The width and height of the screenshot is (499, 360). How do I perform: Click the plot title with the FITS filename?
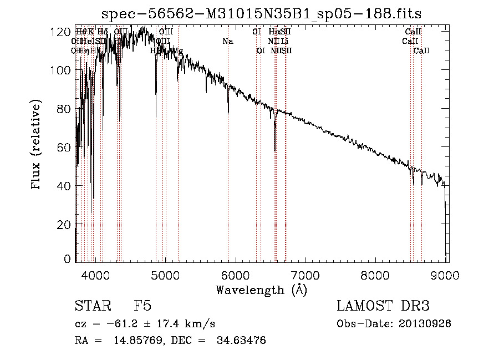pyautogui.click(x=265, y=13)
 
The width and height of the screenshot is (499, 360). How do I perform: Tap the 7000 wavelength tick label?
pyautogui.click(x=306, y=275)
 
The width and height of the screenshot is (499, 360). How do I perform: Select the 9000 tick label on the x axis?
pyautogui.click(x=446, y=275)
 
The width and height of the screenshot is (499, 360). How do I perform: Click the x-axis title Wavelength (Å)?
pyautogui.click(x=261, y=290)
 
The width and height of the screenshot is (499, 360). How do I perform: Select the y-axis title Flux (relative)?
pyautogui.click(x=37, y=145)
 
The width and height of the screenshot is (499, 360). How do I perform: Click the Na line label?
pyautogui.click(x=228, y=41)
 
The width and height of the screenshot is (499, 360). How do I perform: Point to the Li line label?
pyautogui.click(x=284, y=41)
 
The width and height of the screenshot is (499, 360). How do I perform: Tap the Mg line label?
pyautogui.click(x=178, y=51)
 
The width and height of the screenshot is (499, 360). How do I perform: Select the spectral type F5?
pyautogui.click(x=142, y=306)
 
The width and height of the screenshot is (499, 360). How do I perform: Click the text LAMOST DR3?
pyautogui.click(x=383, y=306)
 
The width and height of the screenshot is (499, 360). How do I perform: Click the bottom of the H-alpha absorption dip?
pyautogui.click(x=275, y=150)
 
